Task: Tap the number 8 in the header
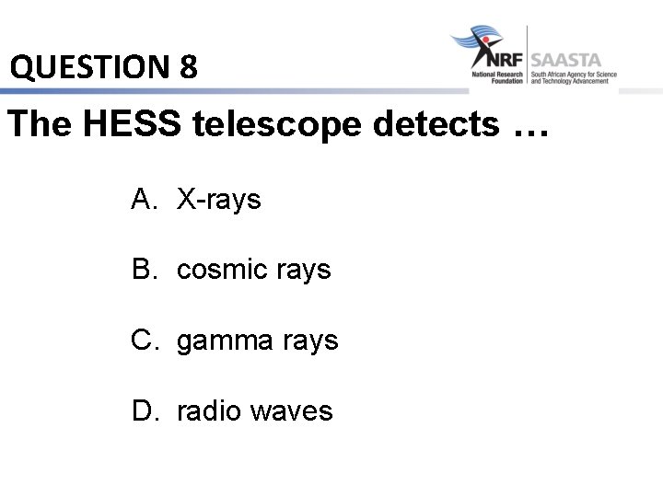click(188, 66)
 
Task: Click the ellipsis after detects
click(527, 129)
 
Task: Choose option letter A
click(143, 198)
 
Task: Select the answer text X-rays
click(219, 199)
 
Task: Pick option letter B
click(143, 269)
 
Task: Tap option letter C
click(144, 340)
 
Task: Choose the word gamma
click(220, 341)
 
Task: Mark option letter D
click(144, 410)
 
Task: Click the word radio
click(208, 410)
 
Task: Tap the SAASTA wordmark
click(565, 61)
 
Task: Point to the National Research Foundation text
click(497, 77)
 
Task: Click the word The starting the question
click(39, 124)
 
